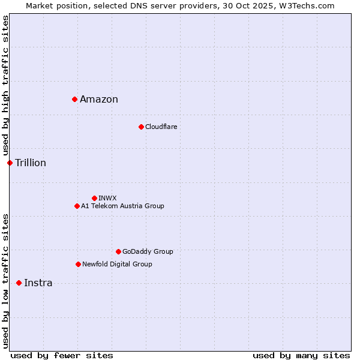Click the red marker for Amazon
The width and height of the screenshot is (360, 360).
[x=74, y=99]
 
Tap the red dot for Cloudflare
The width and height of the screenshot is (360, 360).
[x=141, y=127]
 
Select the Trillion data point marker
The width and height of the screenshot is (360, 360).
[x=10, y=163]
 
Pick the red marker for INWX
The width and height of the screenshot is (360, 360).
[x=94, y=198]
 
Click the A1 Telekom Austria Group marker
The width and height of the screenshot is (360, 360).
[x=77, y=206]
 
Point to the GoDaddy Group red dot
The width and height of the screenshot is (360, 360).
[x=118, y=251]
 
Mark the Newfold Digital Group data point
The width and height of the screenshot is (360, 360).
[x=78, y=264]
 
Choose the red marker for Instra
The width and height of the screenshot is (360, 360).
[x=19, y=283]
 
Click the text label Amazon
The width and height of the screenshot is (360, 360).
[x=99, y=100]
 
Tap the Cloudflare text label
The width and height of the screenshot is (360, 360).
[x=161, y=127]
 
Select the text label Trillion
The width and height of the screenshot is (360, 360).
[x=31, y=163]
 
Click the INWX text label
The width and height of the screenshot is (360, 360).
[x=107, y=198]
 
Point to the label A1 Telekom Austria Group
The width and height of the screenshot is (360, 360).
[x=122, y=206]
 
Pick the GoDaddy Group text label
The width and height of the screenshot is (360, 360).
[x=148, y=251]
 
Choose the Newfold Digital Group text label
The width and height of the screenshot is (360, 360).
[x=117, y=264]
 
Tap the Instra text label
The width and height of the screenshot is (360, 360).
[x=38, y=283]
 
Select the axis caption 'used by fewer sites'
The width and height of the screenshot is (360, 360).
[x=62, y=355]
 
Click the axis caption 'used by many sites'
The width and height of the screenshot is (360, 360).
[x=301, y=355]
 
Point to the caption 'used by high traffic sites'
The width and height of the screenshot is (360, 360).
[x=5, y=86]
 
